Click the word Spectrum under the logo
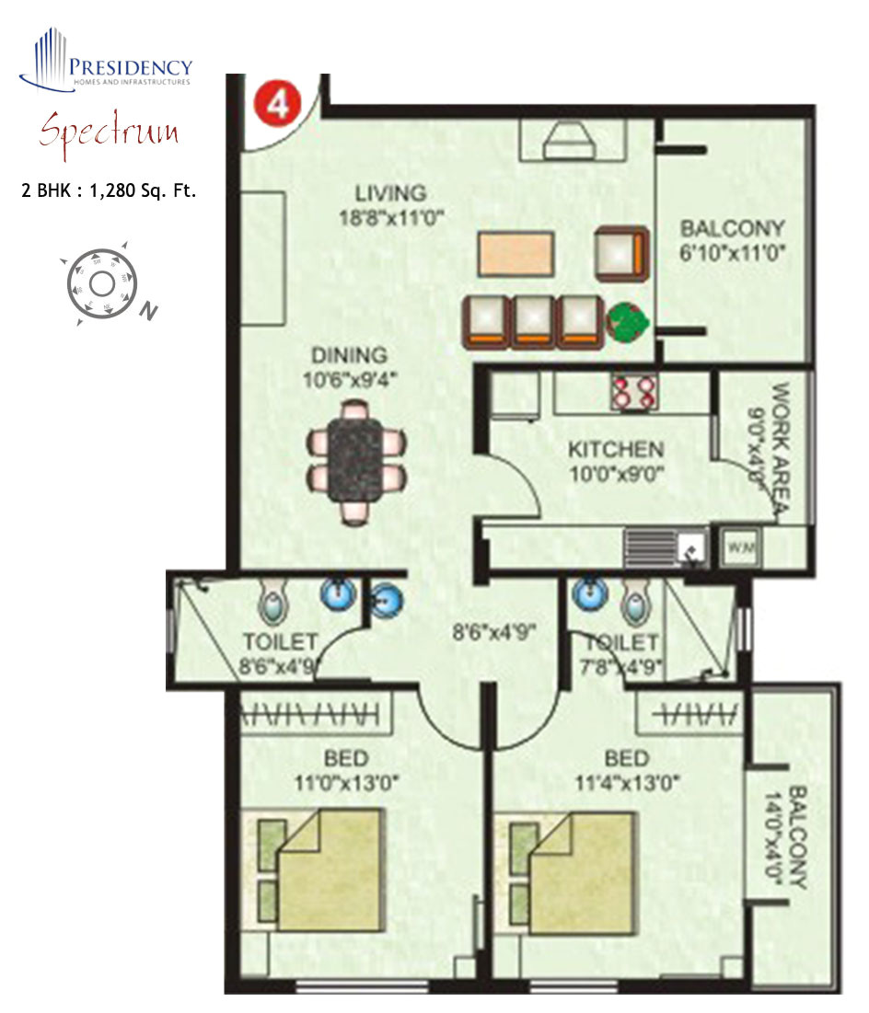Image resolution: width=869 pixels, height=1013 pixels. point(109,132)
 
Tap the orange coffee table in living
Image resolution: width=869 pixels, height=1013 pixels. point(516,254)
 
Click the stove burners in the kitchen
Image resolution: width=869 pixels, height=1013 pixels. point(633,393)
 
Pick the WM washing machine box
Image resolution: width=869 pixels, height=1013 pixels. point(742,547)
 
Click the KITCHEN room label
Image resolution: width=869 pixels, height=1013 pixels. point(615,449)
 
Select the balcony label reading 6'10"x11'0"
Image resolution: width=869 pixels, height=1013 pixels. point(733,253)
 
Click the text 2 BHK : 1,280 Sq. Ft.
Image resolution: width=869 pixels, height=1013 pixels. point(110,192)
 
